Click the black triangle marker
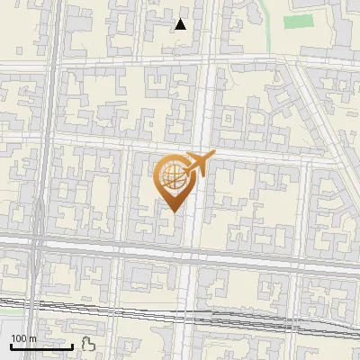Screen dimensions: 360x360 point(181,24)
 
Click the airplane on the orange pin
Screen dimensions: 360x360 point(199,165)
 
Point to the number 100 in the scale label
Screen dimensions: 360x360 point(19,338)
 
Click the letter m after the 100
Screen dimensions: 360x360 point(32,338)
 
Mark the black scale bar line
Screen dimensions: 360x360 point(40,346)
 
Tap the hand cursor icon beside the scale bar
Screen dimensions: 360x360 point(87,343)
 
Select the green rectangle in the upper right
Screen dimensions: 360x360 point(298,21)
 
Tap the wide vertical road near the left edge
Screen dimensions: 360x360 point(40,135)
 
